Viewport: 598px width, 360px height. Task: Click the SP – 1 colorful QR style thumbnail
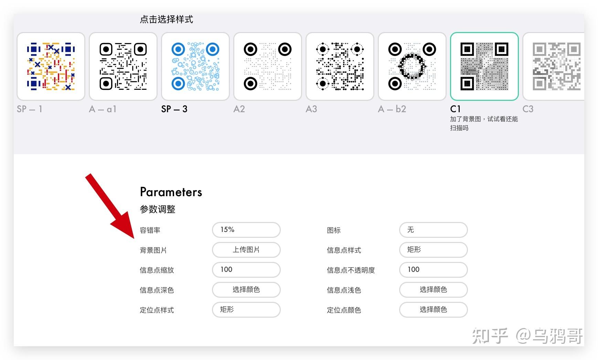point(51,66)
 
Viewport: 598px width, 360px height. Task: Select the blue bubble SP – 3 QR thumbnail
point(195,66)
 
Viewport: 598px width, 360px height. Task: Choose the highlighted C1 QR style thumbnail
point(484,66)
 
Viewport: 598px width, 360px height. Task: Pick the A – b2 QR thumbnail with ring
point(412,66)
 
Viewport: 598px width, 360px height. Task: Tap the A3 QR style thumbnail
point(340,66)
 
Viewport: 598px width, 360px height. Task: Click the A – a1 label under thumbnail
point(103,109)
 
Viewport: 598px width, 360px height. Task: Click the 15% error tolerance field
point(246,230)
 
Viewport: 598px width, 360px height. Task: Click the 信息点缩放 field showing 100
point(246,270)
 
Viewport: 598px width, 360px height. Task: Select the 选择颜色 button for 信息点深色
point(246,290)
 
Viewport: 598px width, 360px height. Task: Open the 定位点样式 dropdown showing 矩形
point(246,310)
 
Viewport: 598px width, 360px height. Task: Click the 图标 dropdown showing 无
point(433,230)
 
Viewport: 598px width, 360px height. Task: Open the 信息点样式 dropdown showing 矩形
point(433,250)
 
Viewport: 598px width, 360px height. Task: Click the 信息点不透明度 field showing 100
point(433,270)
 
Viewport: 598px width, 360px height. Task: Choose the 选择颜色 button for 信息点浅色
point(433,290)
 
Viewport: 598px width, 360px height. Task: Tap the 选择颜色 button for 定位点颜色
point(433,310)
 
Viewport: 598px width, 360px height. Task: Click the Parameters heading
point(171,192)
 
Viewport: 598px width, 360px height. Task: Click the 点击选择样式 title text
point(167,19)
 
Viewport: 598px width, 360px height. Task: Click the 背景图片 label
point(153,250)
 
